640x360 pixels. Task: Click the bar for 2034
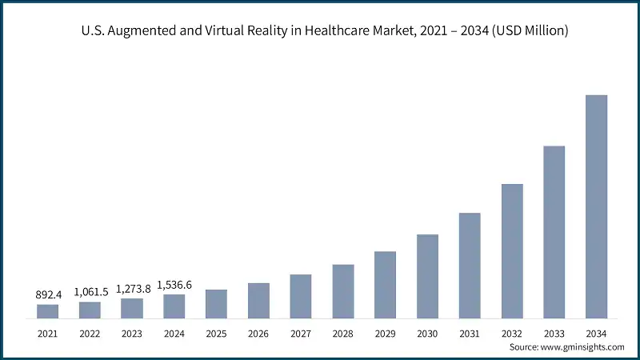point(596,206)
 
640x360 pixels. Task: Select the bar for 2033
point(554,232)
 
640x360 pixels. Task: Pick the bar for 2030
point(427,276)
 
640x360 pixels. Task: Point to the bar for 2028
point(343,291)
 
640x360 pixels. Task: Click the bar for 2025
point(216,304)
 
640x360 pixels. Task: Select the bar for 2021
point(48,311)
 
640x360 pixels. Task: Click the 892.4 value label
point(48,295)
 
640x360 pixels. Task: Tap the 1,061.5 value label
point(90,292)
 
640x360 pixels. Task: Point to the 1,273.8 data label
point(133,289)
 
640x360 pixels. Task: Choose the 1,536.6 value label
point(174,285)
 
